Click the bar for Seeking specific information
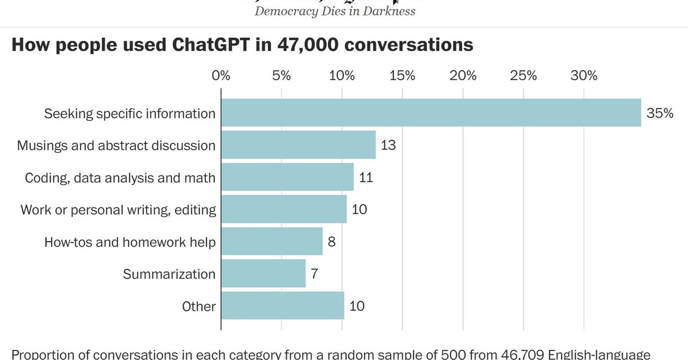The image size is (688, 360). pos(431,113)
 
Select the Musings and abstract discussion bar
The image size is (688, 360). pos(298,145)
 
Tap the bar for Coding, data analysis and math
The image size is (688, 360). pos(287,177)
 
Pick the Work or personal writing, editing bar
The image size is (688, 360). pos(284,209)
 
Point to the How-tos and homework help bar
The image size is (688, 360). pos(272,241)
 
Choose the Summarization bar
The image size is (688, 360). pos(263,273)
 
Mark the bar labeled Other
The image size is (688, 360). pos(283,306)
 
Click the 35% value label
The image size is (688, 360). pos(659,113)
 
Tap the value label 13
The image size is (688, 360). pos(388,145)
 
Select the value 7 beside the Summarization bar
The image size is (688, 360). pos(314,273)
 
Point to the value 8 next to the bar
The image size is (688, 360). pos(331,241)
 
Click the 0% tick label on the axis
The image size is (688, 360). pos(221,76)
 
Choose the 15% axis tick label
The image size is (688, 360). pos(402,76)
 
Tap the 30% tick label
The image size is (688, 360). pos(584,76)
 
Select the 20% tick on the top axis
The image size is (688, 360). pos(463,76)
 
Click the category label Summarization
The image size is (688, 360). pos(169,274)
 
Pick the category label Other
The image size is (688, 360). pos(198,306)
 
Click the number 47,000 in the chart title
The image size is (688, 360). pos(303,46)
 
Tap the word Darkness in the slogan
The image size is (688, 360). pos(388,11)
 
